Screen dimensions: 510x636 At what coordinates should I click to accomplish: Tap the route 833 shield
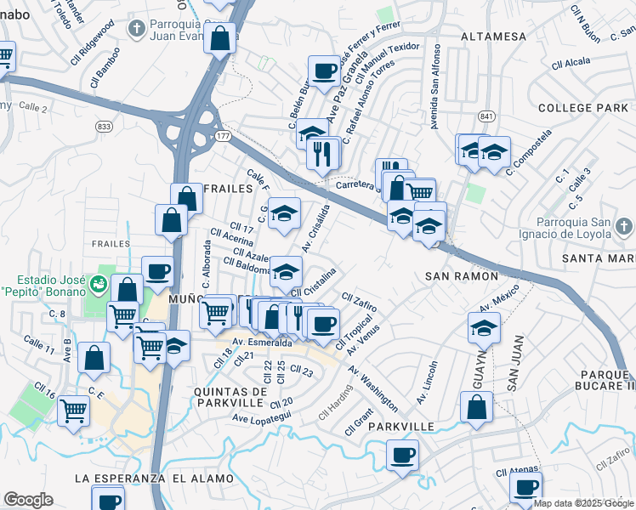(104, 126)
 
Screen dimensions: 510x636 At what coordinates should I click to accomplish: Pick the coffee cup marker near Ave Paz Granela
(324, 71)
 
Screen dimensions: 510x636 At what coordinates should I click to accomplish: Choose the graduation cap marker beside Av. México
(483, 326)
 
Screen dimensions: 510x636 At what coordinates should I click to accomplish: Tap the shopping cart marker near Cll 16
(74, 410)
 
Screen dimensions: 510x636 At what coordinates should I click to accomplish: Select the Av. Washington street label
(372, 387)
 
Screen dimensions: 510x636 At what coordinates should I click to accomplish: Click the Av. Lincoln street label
(428, 382)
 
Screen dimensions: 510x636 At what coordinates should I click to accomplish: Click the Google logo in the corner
(28, 499)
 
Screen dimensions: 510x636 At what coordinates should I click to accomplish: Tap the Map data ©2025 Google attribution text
(583, 503)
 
